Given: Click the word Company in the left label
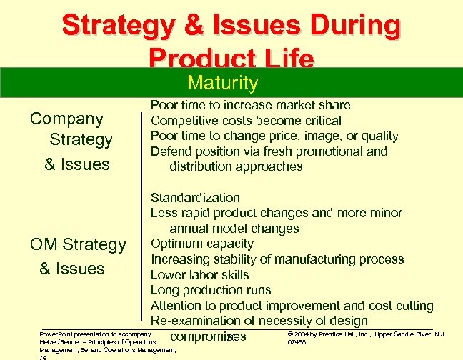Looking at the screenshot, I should (x=66, y=119).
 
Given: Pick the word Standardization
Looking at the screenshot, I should (x=195, y=198).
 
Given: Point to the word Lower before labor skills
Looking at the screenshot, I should (x=169, y=275).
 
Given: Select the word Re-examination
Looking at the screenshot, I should (x=202, y=321).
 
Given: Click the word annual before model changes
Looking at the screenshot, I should (x=190, y=229).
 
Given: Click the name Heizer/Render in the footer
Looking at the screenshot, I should (x=60, y=342).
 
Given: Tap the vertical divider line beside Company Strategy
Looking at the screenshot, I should (x=139, y=136).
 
